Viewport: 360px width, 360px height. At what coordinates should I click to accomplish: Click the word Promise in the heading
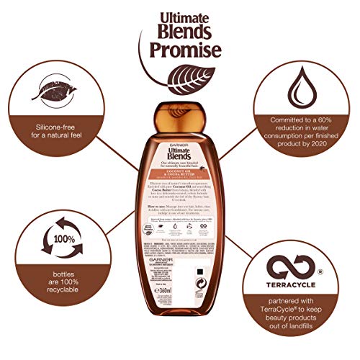coord(180,52)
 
